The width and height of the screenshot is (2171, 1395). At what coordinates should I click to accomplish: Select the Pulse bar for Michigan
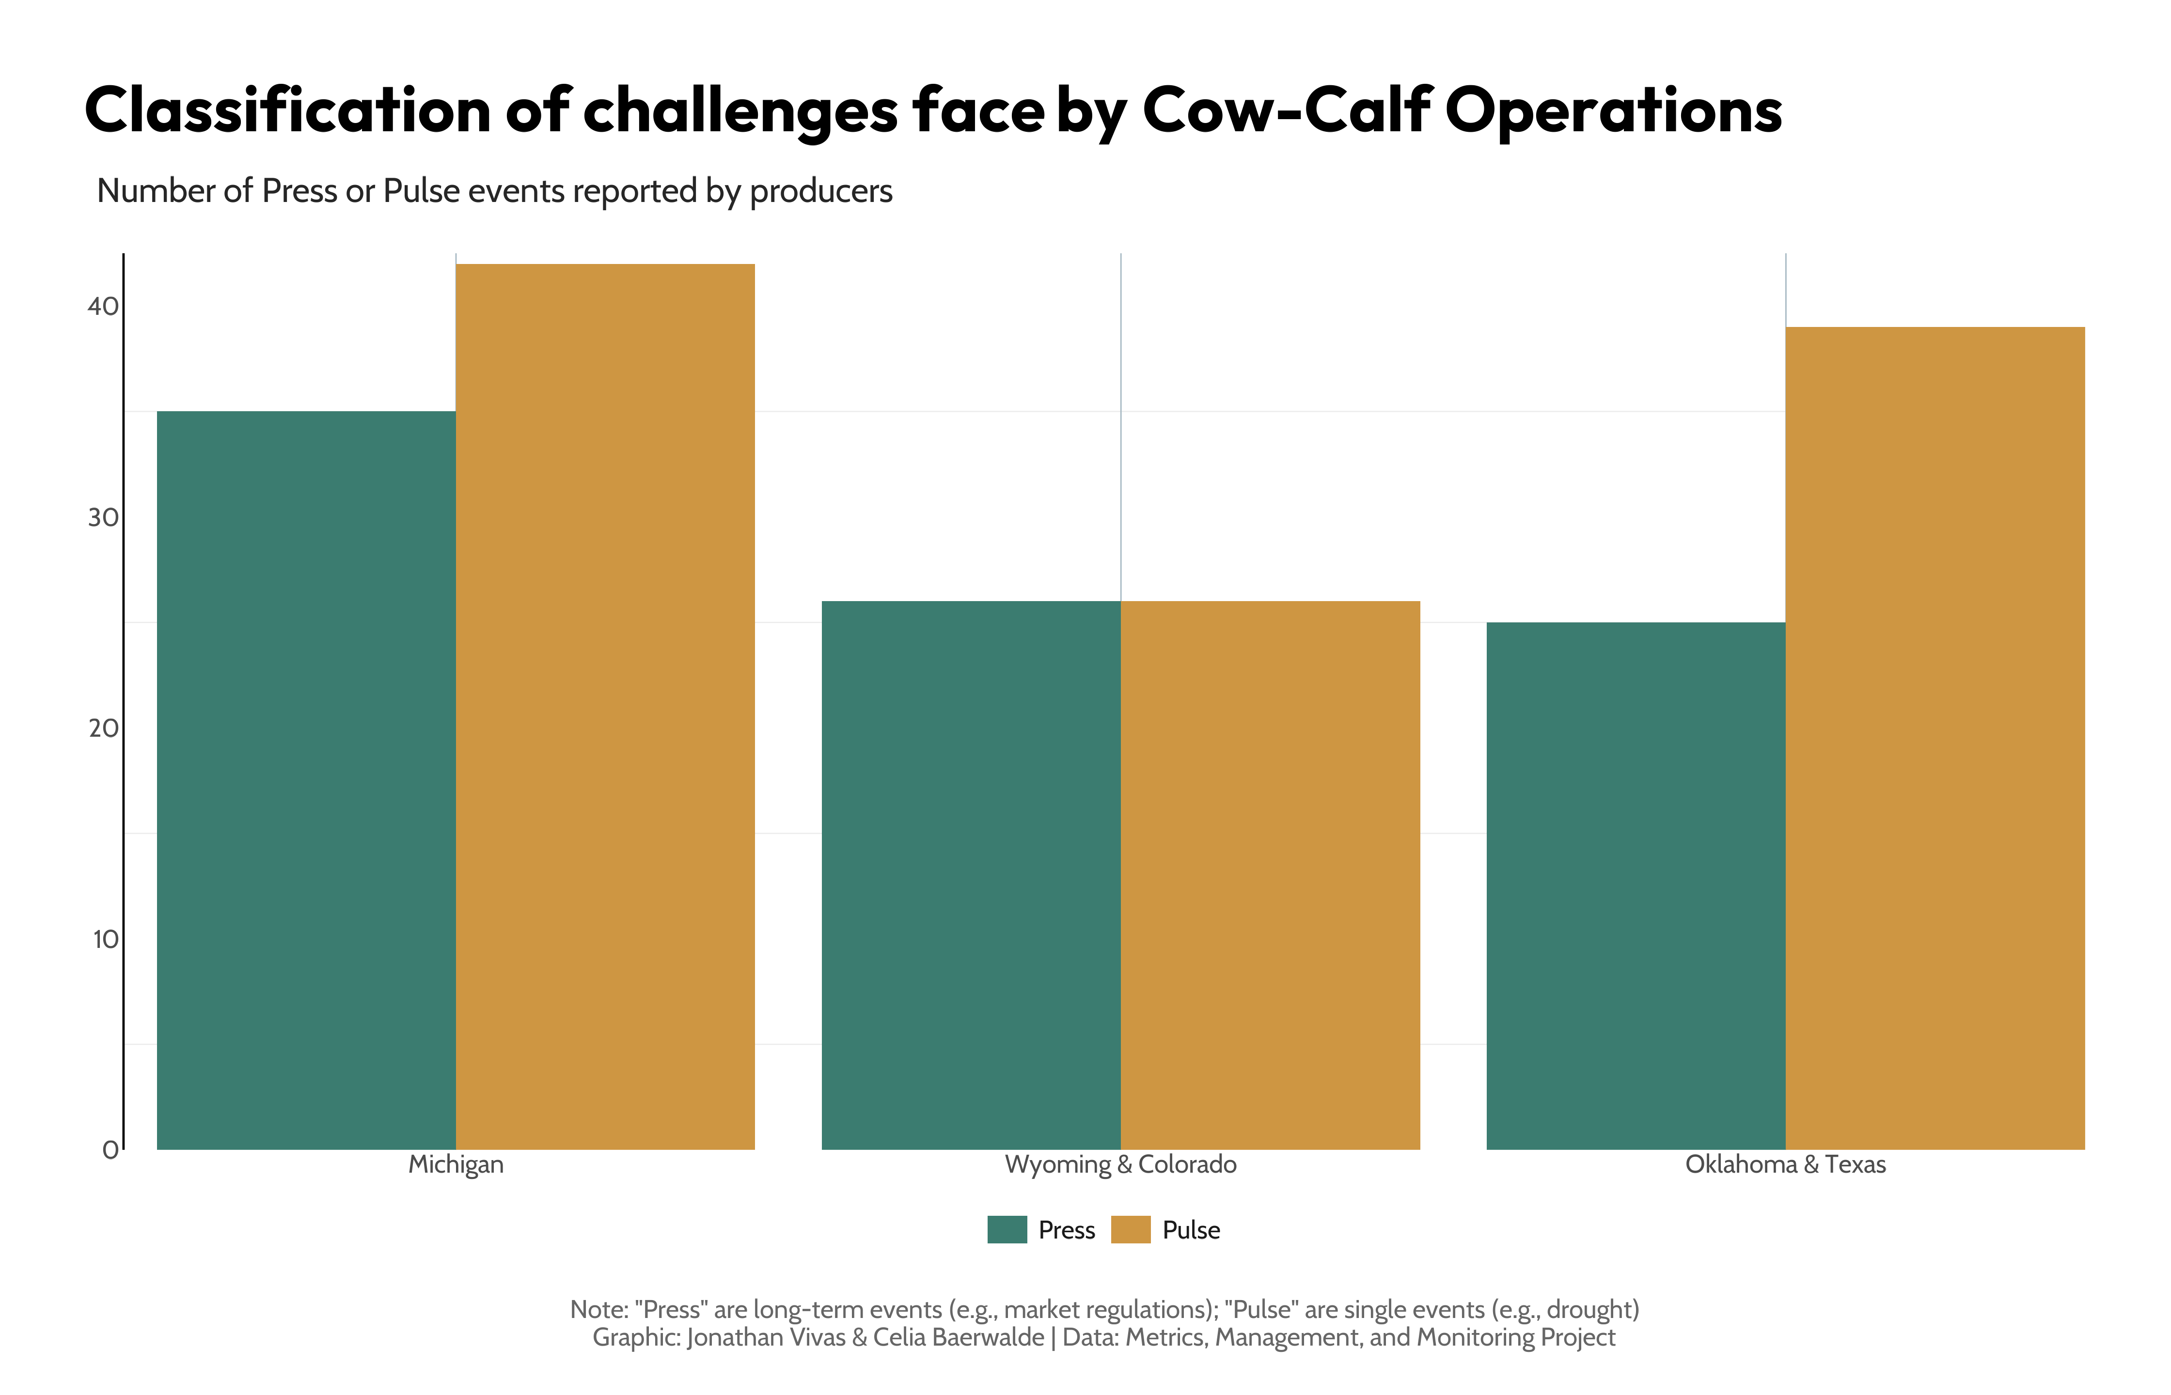pos(605,707)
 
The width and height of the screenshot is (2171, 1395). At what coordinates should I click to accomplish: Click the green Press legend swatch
pos(1007,1229)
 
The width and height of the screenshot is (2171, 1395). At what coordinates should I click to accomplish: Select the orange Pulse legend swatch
pos(1131,1229)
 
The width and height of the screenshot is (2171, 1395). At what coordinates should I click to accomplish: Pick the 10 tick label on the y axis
pos(105,939)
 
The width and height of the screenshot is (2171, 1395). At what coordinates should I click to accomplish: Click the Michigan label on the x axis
pos(456,1164)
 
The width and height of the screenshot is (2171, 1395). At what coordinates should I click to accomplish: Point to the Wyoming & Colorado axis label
pos(1121,1164)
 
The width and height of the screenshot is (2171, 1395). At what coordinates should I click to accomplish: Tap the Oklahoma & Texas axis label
pos(1785,1164)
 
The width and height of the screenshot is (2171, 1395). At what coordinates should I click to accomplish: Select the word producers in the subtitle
pos(821,191)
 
